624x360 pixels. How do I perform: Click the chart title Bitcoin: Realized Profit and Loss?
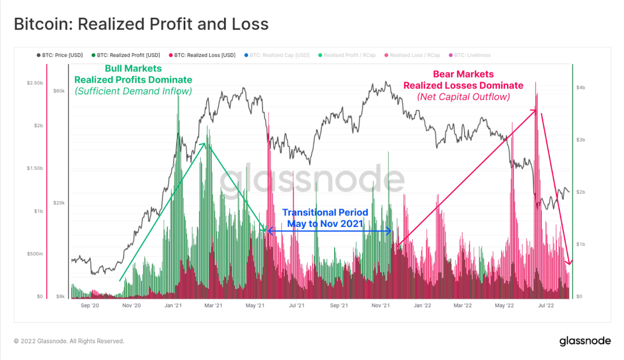click(x=141, y=24)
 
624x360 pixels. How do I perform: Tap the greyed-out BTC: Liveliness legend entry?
click(x=472, y=56)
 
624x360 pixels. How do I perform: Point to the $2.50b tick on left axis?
click(x=35, y=83)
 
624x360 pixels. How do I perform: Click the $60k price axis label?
click(x=59, y=91)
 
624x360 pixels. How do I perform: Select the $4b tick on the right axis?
click(x=580, y=88)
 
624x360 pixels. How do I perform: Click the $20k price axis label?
click(x=59, y=203)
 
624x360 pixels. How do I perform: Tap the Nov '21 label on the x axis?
click(x=380, y=306)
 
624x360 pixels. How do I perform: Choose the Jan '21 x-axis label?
click(x=173, y=306)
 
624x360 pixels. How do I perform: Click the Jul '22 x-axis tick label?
click(x=545, y=306)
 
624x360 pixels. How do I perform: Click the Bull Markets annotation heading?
click(x=133, y=69)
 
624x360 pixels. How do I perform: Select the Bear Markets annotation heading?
click(x=463, y=74)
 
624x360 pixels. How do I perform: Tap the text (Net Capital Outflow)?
click(x=463, y=97)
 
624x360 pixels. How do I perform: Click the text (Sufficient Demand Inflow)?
click(x=133, y=91)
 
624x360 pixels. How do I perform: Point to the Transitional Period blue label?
click(x=325, y=213)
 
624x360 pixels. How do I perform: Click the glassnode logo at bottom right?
click(x=585, y=341)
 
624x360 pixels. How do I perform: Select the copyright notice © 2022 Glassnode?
click(x=69, y=341)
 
